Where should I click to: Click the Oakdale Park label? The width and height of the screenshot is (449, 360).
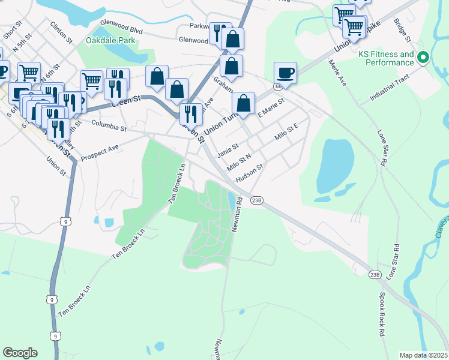click(x=110, y=41)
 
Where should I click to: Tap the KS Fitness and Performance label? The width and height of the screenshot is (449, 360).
click(x=387, y=58)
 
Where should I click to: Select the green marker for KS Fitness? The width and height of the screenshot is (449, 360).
click(x=424, y=58)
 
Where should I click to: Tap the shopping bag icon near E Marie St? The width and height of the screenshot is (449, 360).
click(x=243, y=103)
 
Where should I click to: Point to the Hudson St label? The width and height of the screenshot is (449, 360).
click(x=250, y=173)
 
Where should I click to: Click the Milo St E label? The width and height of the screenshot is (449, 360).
click(x=286, y=130)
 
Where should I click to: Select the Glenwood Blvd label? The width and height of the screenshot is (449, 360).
click(x=121, y=25)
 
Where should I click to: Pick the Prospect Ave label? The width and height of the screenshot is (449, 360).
click(x=100, y=150)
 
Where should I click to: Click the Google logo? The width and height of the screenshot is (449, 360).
click(x=20, y=353)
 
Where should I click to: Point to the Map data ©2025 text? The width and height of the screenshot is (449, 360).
click(x=423, y=355)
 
